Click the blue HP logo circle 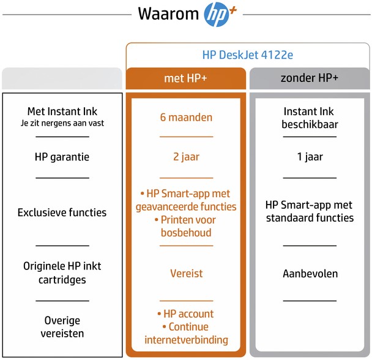pos(217,14)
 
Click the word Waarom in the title pos(168,13)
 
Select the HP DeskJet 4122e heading pos(248,55)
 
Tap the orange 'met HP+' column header pos(186,78)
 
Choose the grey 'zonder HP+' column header pos(310,78)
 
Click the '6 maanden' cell pos(186,118)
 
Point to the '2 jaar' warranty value pos(186,157)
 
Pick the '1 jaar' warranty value pos(310,157)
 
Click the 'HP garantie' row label pos(62,157)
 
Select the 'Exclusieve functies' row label pos(62,212)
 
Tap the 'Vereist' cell pos(187,274)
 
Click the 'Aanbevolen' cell pos(310,274)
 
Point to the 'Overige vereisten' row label pos(62,327)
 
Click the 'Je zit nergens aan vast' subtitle pos(62,123)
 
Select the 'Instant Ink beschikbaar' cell pos(310,118)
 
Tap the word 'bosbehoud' pos(186,233)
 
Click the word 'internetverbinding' pos(186,340)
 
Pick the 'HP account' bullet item pos(186,314)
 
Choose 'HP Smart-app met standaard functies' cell pos(310,211)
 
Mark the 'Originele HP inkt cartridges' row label pos(62,273)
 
